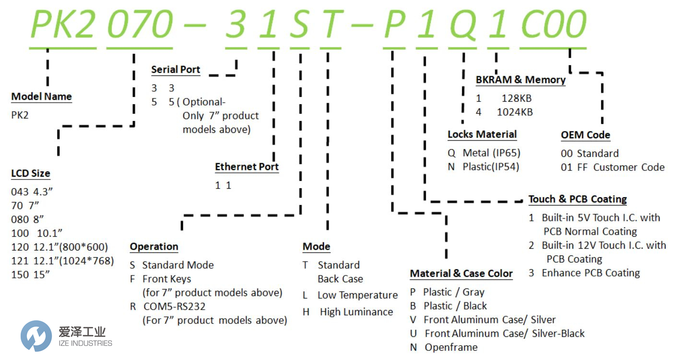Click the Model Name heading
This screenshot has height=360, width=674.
click(x=41, y=96)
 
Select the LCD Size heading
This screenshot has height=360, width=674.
click(x=31, y=173)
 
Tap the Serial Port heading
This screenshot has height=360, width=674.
click(x=176, y=70)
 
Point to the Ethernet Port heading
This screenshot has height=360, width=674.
click(x=247, y=167)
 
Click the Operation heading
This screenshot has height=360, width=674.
click(x=154, y=247)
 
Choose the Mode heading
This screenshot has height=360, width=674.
click(x=316, y=247)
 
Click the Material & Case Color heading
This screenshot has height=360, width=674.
click(x=461, y=274)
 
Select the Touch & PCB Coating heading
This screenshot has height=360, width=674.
click(x=578, y=199)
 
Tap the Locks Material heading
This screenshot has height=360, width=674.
click(x=482, y=134)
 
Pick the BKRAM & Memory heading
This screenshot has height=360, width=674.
click(x=520, y=80)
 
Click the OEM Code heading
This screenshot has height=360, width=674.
click(x=585, y=135)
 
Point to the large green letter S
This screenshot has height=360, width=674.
click(x=300, y=24)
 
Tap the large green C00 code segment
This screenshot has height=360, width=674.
click(x=553, y=24)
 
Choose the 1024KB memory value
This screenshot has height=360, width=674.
click(x=514, y=112)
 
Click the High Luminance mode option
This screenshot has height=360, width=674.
click(x=356, y=312)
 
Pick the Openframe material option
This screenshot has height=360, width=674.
click(x=451, y=348)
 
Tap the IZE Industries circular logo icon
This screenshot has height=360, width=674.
click(x=36, y=336)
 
